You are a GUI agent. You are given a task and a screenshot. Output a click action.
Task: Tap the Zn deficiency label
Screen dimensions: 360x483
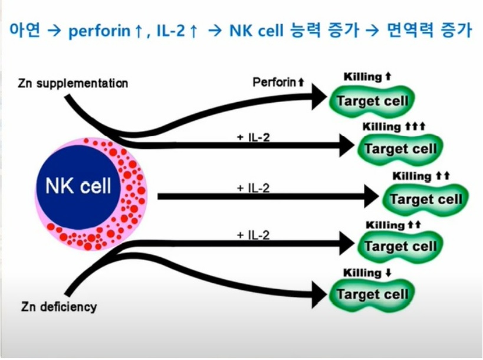(58, 307)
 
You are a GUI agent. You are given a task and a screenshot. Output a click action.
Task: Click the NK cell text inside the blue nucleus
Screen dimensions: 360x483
(78, 186)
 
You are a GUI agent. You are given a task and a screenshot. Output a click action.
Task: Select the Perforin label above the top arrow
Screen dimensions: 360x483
(278, 82)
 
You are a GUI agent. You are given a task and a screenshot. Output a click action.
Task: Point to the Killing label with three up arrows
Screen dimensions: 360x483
(393, 127)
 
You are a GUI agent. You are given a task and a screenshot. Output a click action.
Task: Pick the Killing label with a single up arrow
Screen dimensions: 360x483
(367, 77)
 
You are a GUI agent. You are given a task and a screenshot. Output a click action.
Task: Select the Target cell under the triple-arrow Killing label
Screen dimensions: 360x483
(400, 148)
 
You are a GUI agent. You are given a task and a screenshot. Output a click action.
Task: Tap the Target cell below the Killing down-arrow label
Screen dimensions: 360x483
(372, 294)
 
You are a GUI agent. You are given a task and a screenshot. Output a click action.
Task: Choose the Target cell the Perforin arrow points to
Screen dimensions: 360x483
(372, 100)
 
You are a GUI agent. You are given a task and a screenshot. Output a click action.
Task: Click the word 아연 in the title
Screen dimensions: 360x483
(25, 31)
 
